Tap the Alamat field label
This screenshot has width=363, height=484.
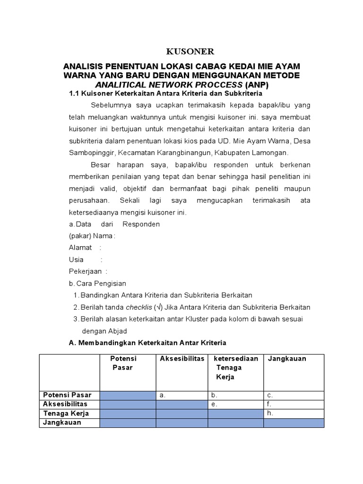pyautogui.click(x=81, y=248)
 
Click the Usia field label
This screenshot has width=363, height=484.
pyautogui.click(x=76, y=259)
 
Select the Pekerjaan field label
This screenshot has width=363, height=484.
pyautogui.click(x=86, y=271)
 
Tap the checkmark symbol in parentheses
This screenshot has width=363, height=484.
pyautogui.click(x=160, y=307)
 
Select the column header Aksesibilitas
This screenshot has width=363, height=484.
pyautogui.click(x=181, y=359)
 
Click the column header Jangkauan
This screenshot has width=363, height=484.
pyautogui.click(x=287, y=359)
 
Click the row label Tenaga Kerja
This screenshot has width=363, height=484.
pyautogui.click(x=66, y=414)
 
